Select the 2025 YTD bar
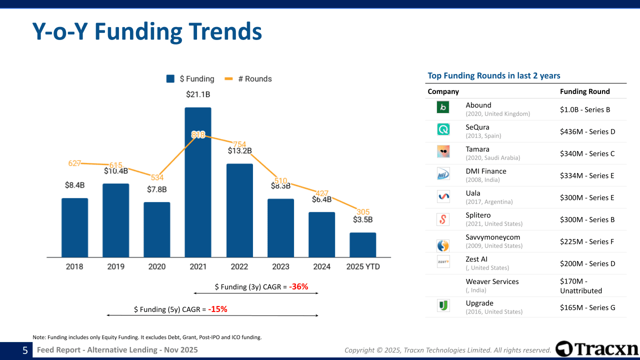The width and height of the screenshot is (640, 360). click(x=362, y=245)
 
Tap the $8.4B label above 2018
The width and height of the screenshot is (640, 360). click(x=74, y=185)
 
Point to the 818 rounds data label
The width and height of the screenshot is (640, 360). click(x=198, y=134)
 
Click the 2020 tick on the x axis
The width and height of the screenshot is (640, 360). click(x=157, y=266)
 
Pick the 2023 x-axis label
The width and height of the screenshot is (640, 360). click(x=280, y=266)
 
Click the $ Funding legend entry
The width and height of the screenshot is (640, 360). click(x=190, y=79)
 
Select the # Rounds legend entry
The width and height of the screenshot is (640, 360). click(x=248, y=79)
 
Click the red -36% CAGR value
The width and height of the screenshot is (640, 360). click(x=298, y=287)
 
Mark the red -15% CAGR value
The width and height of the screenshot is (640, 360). click(x=217, y=309)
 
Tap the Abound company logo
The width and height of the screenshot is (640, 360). click(x=443, y=107)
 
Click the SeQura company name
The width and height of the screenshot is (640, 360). click(x=477, y=127)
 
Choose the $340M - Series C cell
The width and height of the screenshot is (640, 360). click(x=587, y=153)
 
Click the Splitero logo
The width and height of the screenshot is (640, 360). click(x=443, y=219)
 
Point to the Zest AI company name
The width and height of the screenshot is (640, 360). click(x=476, y=259)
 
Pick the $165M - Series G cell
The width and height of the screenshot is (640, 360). click(x=587, y=307)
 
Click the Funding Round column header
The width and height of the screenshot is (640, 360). click(x=584, y=91)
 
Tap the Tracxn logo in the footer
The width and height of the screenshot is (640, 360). click(x=597, y=349)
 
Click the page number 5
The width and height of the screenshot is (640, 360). click(x=25, y=350)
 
